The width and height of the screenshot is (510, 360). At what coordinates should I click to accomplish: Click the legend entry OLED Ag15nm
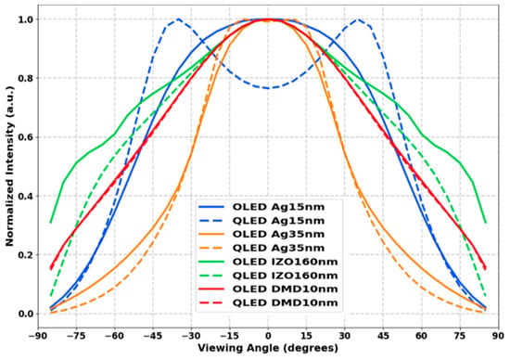coord(278,207)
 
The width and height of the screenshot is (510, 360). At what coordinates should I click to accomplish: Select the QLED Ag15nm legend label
coord(278,221)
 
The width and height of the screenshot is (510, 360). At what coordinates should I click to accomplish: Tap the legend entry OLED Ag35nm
coord(278,235)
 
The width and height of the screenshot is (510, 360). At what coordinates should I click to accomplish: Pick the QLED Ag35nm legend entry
coord(278,248)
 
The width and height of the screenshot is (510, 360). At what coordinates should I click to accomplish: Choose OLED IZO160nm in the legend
coord(285,262)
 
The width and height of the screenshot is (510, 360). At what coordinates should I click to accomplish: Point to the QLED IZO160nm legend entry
coord(285,276)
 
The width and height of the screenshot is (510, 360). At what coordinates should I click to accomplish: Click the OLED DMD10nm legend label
coord(285,289)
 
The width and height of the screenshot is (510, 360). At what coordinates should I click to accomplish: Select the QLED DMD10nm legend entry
coord(285,302)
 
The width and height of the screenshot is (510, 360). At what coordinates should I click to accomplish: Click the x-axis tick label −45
coord(153,336)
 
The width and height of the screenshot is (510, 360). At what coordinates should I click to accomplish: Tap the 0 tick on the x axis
coord(268,336)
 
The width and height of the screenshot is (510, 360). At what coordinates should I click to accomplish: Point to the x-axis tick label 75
coord(460,336)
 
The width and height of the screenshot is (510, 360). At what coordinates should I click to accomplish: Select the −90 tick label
coord(38,336)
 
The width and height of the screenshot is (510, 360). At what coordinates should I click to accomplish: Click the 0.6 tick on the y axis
coord(25,137)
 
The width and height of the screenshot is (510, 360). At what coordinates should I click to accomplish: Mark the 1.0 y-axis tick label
coord(25,19)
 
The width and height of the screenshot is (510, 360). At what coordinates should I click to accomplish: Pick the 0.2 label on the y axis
coord(25,255)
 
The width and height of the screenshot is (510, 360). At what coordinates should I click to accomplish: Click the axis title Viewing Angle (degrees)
coord(268,348)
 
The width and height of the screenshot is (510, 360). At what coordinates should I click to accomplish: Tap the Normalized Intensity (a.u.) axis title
coord(9,166)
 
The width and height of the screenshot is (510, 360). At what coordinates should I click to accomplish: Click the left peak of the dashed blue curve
coord(178,19)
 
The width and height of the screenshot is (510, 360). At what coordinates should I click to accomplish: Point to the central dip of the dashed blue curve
coord(268,88)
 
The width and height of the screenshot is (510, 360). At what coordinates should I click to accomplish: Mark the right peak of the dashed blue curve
coord(358,19)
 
